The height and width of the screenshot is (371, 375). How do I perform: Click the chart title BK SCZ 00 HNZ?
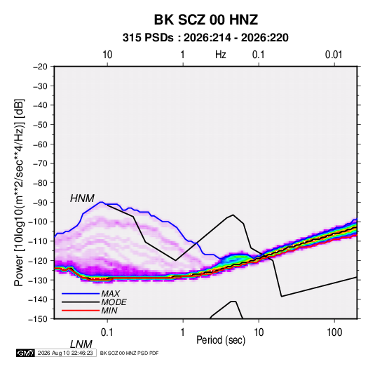(205, 20)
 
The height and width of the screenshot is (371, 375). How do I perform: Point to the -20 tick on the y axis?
(41, 67)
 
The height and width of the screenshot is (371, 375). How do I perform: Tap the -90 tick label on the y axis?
(41, 202)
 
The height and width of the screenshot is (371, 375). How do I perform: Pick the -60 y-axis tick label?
(41, 144)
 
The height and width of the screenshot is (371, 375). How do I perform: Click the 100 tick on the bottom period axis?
(334, 332)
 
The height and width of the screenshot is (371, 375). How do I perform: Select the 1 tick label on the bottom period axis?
(183, 332)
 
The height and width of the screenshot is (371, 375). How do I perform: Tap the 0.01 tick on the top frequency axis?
(334, 55)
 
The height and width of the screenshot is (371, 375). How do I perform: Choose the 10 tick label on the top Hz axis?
(107, 55)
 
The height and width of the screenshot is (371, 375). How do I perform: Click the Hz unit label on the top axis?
(221, 55)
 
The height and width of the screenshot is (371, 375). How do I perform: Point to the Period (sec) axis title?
(221, 340)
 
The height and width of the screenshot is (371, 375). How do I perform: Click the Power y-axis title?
(19, 192)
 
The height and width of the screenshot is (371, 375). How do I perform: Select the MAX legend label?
(110, 293)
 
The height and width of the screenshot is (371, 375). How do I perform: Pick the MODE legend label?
(114, 302)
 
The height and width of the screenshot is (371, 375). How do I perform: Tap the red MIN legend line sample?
(81, 311)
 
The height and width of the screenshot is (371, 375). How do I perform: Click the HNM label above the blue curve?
(82, 198)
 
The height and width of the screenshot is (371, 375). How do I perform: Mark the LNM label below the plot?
(81, 344)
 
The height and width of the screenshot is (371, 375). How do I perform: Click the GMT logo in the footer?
(25, 353)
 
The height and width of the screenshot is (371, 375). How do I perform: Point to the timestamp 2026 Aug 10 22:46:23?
(65, 353)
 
